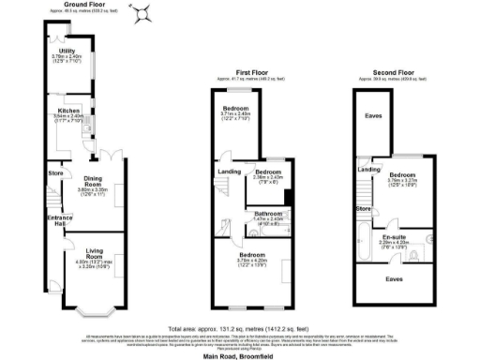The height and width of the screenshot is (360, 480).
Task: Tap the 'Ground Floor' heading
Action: pyautogui.click(x=82, y=5)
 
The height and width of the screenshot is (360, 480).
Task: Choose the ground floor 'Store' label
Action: pyautogui.click(x=55, y=172)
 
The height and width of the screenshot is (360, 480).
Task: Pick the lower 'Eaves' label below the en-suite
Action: pyautogui.click(x=398, y=278)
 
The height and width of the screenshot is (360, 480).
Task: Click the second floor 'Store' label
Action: pyautogui.click(x=364, y=208)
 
